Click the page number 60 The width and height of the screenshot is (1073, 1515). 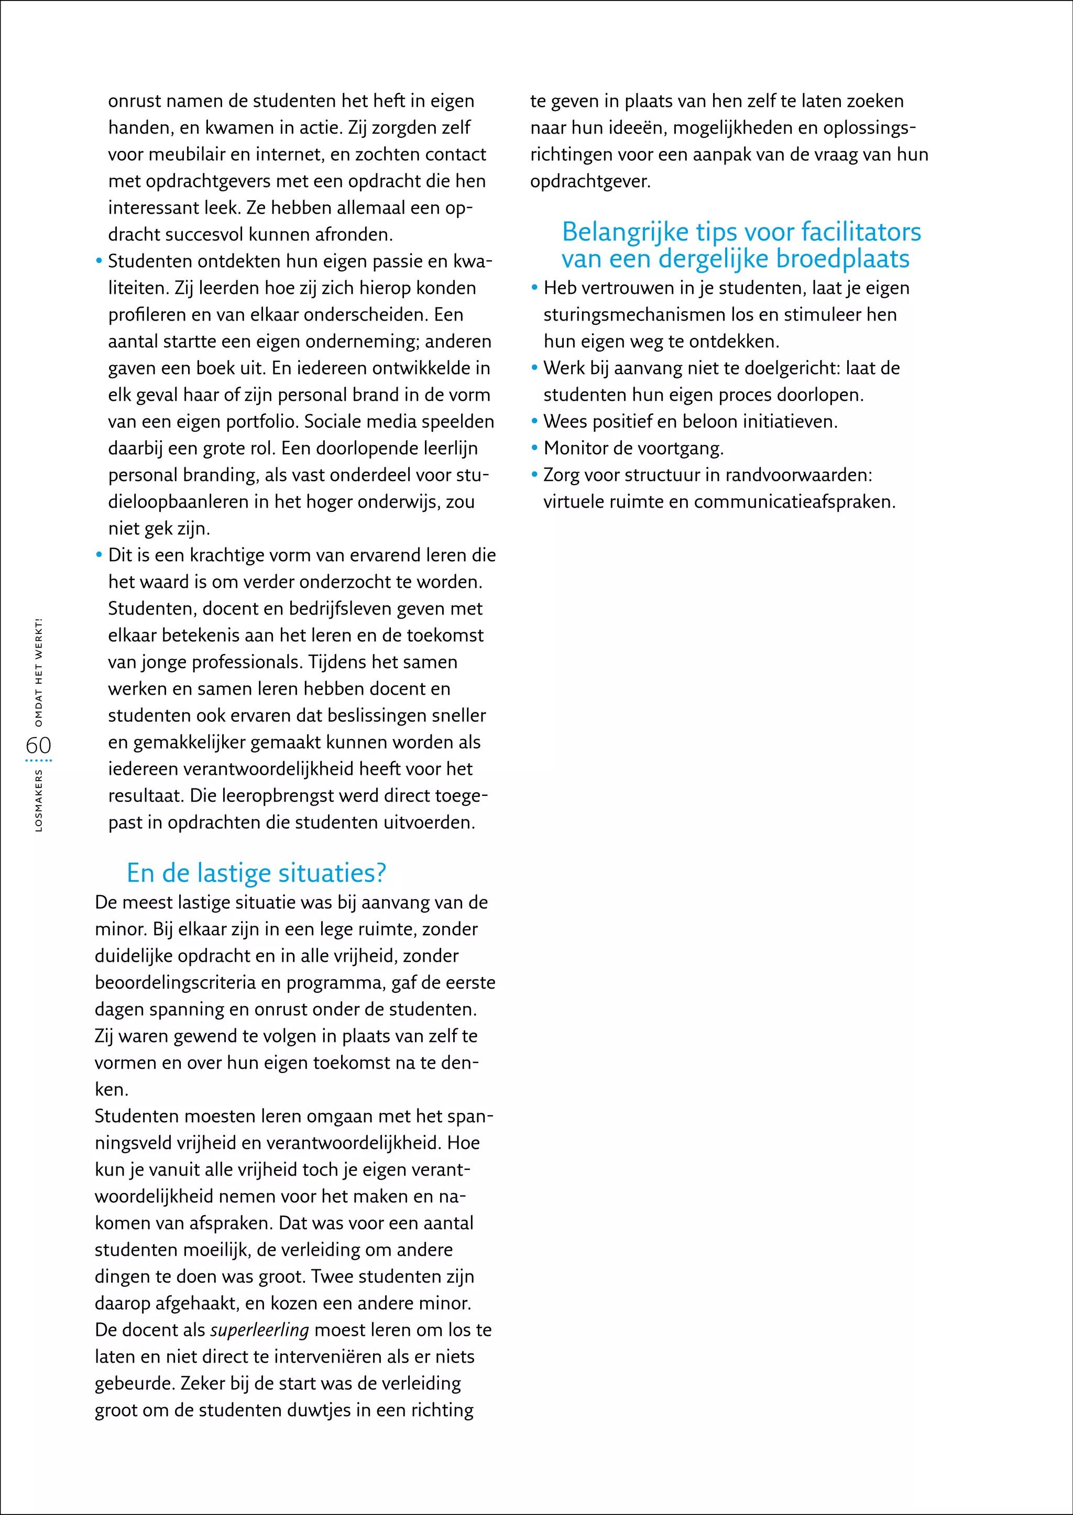tap(38, 745)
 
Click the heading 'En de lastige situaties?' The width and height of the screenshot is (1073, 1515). tap(256, 873)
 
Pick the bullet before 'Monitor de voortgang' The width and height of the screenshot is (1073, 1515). tap(534, 448)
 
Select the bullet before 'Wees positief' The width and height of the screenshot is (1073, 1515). tap(534, 422)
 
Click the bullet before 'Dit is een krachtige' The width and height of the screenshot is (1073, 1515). tap(99, 555)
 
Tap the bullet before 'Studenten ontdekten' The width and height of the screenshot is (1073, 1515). tap(99, 261)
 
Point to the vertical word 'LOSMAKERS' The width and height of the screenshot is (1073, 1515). tap(38, 800)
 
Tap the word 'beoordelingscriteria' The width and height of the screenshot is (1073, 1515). tap(175, 982)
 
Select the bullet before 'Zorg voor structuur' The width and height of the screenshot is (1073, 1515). tap(534, 475)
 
